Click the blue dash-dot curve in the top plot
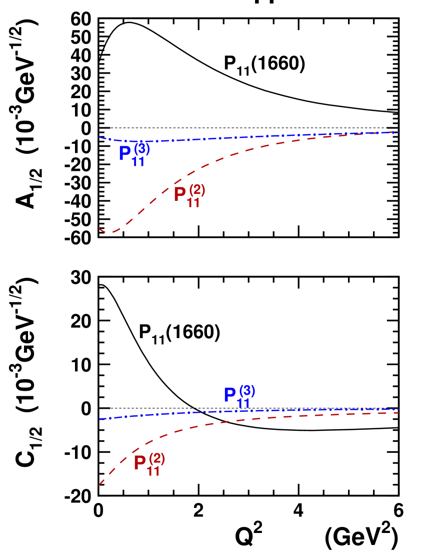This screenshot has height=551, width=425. [250, 137]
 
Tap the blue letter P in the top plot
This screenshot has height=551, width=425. [125, 153]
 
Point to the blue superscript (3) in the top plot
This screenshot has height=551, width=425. [142, 149]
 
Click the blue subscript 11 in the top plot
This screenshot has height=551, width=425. [138, 162]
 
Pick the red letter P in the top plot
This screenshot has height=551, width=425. [180, 194]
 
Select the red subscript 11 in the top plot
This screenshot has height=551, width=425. [193, 203]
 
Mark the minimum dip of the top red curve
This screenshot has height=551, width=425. [109, 232]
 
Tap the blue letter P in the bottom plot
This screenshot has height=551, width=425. [230, 395]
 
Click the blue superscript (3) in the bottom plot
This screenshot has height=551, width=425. [247, 390]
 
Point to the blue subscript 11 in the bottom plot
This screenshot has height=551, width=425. [243, 403]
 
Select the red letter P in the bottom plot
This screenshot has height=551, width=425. [140, 463]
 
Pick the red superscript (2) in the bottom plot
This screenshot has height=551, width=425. [157, 458]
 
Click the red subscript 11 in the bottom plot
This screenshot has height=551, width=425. [153, 471]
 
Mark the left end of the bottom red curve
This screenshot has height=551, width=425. [99, 485]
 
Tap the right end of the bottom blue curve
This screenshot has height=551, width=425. [398, 409]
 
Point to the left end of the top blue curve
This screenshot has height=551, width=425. [99, 137]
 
